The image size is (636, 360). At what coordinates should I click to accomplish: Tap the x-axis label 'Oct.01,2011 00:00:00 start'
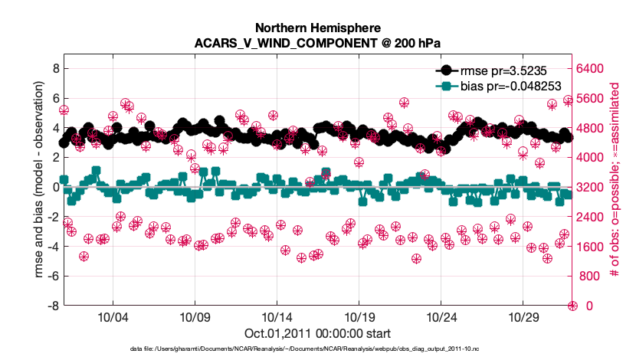pyautogui.click(x=317, y=333)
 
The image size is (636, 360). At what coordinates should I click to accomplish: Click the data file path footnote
pyautogui.click(x=317, y=349)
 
